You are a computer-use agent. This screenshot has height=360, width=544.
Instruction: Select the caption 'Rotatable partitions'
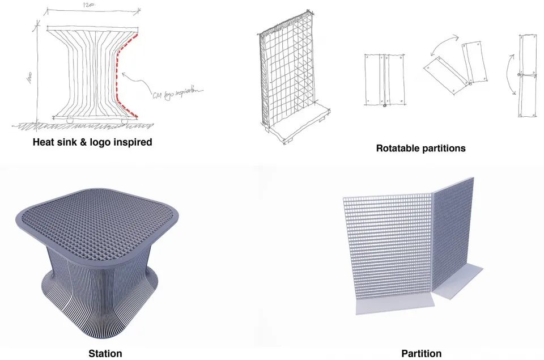pos(420,148)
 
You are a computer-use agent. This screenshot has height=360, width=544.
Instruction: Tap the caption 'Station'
pos(105,354)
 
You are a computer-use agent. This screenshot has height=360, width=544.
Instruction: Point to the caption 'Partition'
pos(421,354)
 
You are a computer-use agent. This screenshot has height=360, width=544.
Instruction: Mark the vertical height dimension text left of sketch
pos(27,77)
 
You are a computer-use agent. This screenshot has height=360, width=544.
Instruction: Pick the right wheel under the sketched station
pos(123,120)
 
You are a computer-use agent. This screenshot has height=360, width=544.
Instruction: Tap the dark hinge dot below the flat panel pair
pos(385,105)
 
